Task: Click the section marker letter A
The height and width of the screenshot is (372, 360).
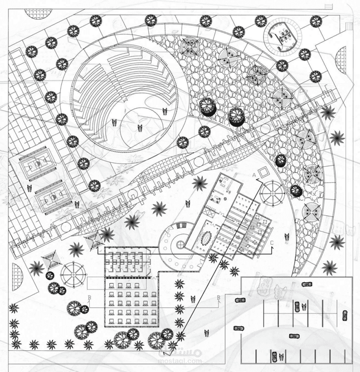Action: pyautogui.click(x=255, y=175)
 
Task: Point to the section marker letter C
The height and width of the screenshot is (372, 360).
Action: pyautogui.click(x=272, y=243)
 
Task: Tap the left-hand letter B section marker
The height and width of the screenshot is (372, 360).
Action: pyautogui.click(x=89, y=297)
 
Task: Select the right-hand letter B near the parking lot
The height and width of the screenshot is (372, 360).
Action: pyautogui.click(x=218, y=297)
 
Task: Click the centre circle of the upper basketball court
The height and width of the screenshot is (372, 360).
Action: pyautogui.click(x=37, y=164)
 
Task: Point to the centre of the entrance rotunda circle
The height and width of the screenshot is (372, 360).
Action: pyautogui.click(x=179, y=244)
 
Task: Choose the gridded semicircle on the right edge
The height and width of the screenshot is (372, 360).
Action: pyautogui.click(x=340, y=60)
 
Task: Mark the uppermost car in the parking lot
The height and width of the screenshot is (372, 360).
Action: pyautogui.click(x=306, y=285)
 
